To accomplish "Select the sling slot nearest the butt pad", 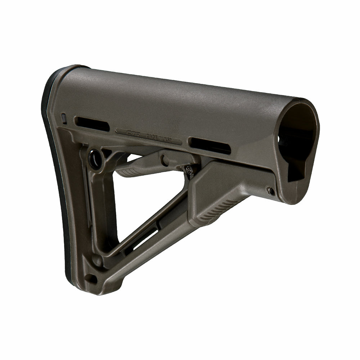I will (x=92, y=124).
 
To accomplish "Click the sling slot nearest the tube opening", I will (x=210, y=145).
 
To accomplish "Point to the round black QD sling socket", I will (x=95, y=159).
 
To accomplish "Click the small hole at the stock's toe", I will (x=91, y=278).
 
